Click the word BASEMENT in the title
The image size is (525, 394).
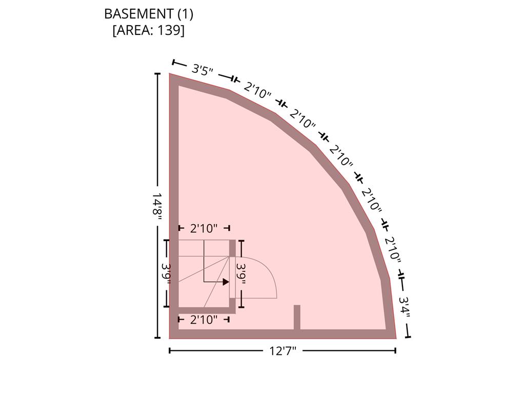pos(138,14)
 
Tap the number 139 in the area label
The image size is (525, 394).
pos(169,30)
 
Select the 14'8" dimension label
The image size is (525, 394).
pos(157,206)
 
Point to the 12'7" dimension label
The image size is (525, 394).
pos(283,351)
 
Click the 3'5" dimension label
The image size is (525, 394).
pos(203,70)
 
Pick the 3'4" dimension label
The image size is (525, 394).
pos(405,306)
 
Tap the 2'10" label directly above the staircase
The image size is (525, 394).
pos(204,228)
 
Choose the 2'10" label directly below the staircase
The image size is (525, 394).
pos(204,320)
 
